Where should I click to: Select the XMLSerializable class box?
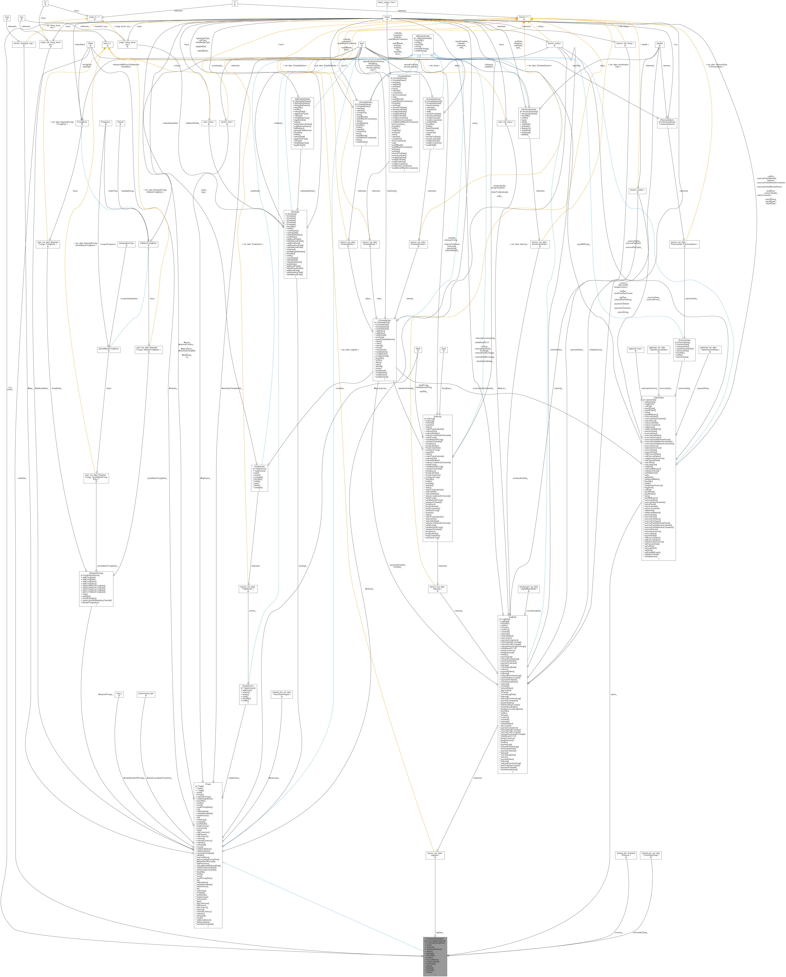point(422,44)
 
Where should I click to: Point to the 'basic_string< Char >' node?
point(387,3)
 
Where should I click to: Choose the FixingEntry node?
point(82,123)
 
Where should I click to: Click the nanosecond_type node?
point(146,694)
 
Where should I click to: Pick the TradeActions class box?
point(248,694)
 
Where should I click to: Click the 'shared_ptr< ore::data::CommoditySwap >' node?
point(651,855)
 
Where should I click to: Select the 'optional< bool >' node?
point(636,350)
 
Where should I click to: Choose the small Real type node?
point(418,350)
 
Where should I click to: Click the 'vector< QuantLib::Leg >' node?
point(23,44)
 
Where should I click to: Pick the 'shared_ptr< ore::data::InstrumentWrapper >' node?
point(281,694)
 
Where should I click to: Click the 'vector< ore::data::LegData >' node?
point(435,855)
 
